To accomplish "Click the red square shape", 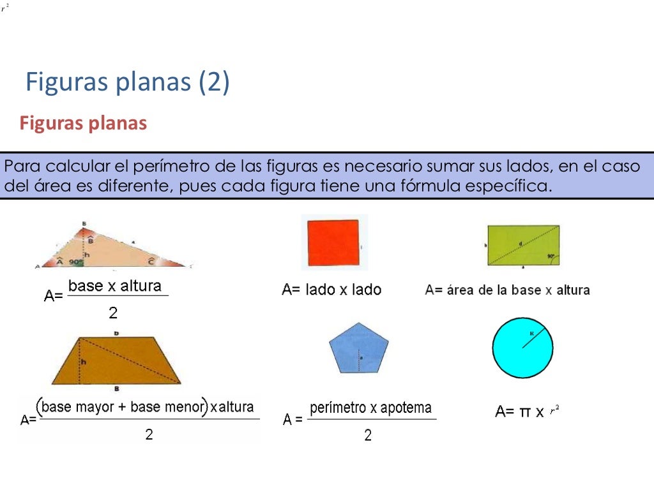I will (x=333, y=242).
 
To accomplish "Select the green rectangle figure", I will (x=523, y=244).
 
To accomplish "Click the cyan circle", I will (x=522, y=348).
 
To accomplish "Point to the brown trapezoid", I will (x=115, y=361).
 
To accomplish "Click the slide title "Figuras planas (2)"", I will (x=127, y=83).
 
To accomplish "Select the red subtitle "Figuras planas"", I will (x=83, y=123).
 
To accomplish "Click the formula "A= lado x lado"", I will (x=331, y=290).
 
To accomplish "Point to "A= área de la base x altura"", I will (x=508, y=290).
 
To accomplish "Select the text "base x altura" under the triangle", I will (x=115, y=286).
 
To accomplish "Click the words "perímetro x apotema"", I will (x=370, y=408).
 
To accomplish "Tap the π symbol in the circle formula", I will (x=525, y=412).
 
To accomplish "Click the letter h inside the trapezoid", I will (x=83, y=362).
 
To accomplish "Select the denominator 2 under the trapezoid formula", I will (x=149, y=434).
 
